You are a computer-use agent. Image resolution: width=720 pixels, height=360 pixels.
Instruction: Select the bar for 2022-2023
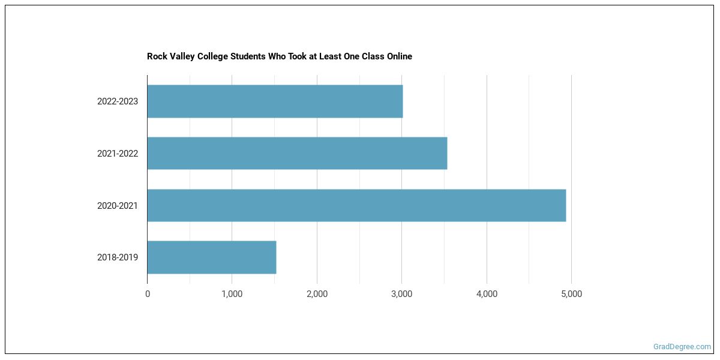275,101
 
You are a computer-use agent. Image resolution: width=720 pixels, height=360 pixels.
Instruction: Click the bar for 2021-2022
297,153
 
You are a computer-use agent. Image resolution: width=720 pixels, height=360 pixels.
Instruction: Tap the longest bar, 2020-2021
356,205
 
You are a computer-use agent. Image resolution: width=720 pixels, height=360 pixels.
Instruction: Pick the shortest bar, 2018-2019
212,257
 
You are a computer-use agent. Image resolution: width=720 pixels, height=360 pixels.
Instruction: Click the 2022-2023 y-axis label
118,101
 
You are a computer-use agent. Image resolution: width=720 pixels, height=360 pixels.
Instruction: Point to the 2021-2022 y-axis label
118,154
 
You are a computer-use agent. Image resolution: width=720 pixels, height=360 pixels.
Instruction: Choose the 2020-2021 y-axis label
118,206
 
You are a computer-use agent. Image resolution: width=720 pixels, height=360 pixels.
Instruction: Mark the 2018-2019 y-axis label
118,257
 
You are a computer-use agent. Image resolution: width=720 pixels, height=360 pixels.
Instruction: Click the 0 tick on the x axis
148,294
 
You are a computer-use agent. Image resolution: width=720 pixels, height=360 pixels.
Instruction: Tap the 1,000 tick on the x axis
232,294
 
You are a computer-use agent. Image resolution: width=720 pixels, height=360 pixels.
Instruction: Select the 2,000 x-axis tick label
317,294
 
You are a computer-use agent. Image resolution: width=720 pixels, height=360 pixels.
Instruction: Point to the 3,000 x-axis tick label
401,294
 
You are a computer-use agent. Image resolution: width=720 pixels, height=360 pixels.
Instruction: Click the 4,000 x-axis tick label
487,294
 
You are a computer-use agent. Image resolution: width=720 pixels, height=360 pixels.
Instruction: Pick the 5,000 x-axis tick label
571,294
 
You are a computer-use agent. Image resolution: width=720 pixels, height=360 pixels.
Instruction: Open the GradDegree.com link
682,347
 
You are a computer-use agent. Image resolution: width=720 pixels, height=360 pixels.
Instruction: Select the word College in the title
210,56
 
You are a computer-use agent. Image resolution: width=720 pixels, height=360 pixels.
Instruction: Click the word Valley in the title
180,56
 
